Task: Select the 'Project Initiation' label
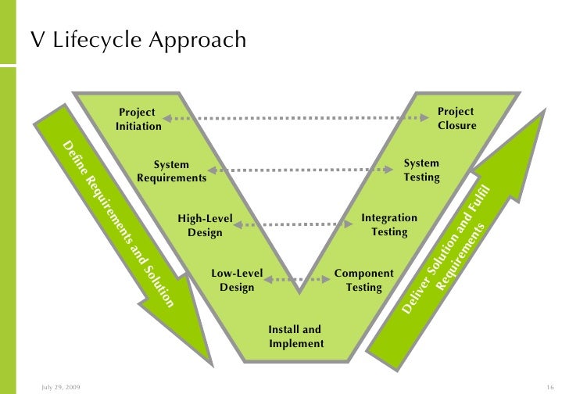[138, 119]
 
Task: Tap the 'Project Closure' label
[456, 119]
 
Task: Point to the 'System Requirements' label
[171, 171]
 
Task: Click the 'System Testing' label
[421, 170]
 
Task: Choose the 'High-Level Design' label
[205, 225]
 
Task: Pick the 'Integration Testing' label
[388, 224]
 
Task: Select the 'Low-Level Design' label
[237, 280]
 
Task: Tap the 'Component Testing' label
[363, 280]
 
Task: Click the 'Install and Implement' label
[295, 336]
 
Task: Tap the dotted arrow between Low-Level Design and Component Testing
[299, 278]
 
